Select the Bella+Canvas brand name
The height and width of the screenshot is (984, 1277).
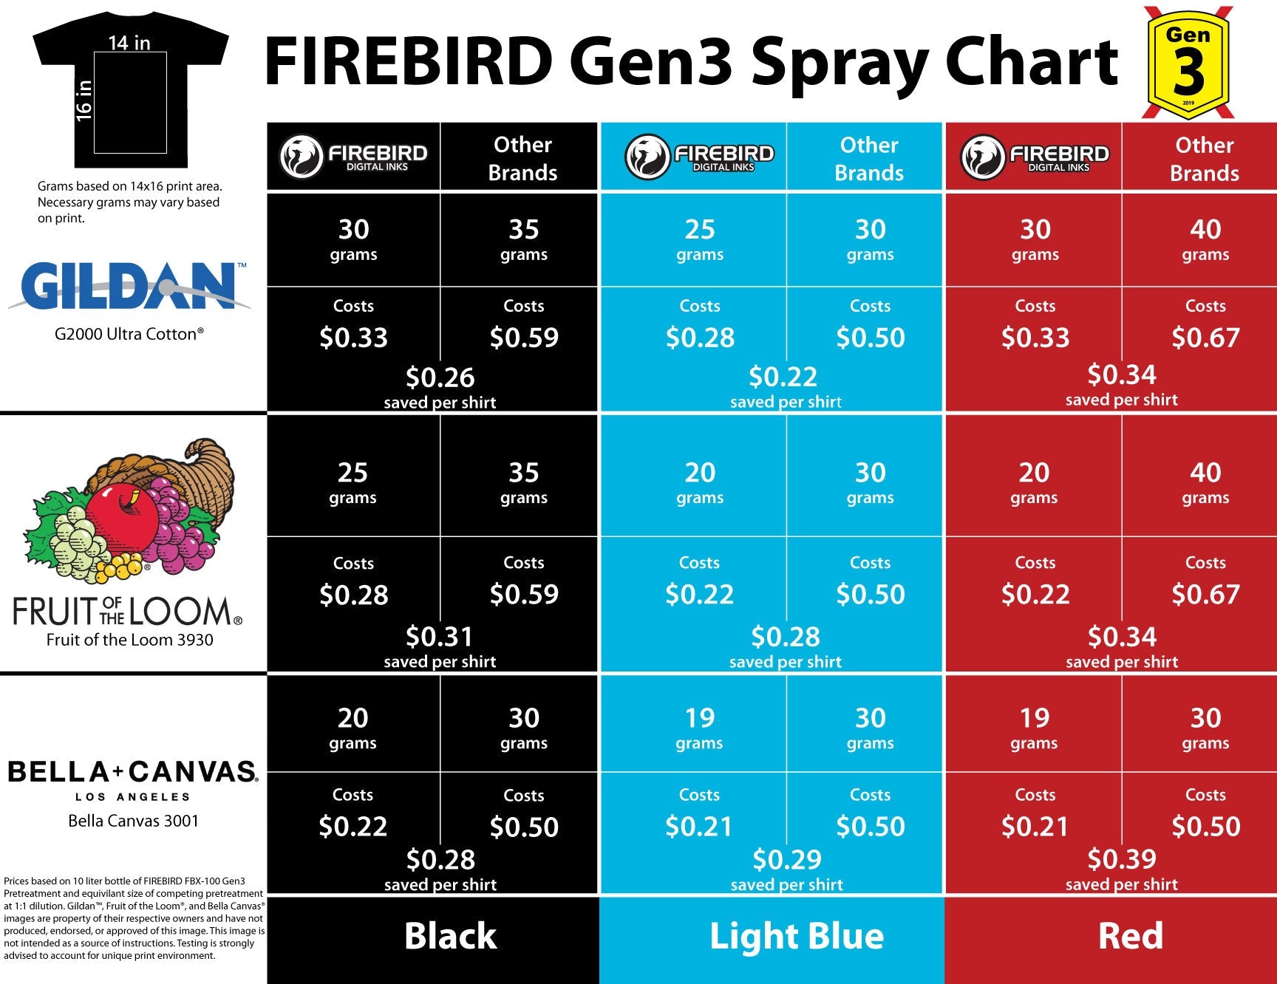[x=132, y=772]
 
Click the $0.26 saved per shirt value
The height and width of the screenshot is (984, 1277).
[x=440, y=377]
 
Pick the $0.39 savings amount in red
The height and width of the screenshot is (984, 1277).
[x=1121, y=858]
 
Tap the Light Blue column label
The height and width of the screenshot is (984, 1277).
[x=796, y=936]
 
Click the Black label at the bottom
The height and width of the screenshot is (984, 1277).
[x=450, y=936]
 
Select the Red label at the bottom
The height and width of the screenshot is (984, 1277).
[x=1130, y=936]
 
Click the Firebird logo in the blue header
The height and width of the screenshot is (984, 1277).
[x=700, y=157]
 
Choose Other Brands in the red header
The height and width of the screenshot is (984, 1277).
[x=1204, y=159]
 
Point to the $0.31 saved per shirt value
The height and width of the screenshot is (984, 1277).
[x=439, y=636]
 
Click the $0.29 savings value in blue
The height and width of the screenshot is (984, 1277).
[x=786, y=859]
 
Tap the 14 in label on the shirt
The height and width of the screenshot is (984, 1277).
[x=129, y=43]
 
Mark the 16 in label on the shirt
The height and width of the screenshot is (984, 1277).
[x=84, y=100]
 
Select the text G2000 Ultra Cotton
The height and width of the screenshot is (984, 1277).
[x=129, y=334]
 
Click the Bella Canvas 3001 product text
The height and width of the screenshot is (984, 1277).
[x=133, y=821]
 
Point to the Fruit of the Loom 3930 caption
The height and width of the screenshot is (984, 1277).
[x=129, y=640]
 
